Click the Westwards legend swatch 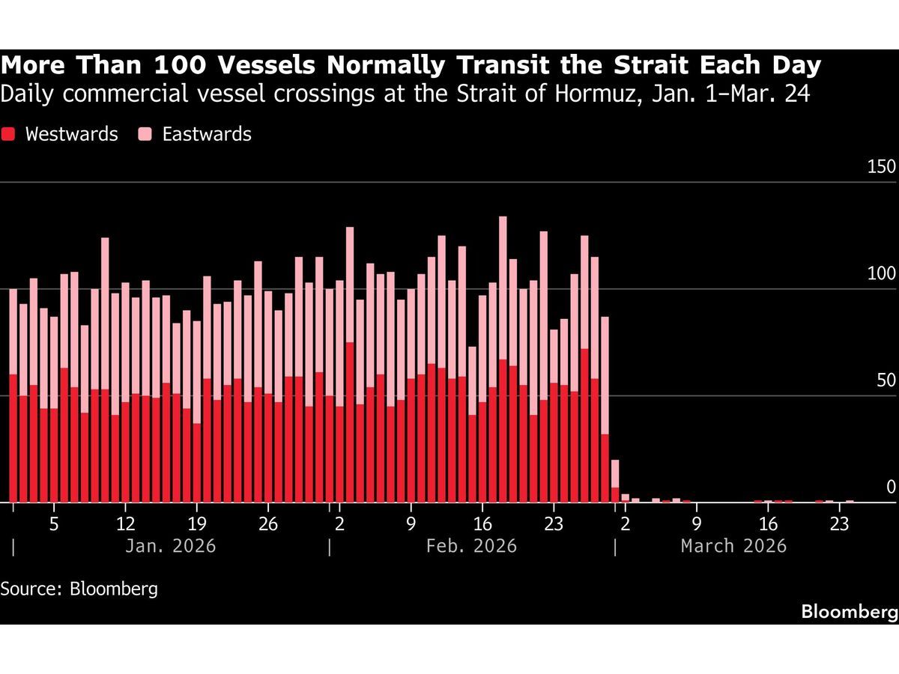(9, 135)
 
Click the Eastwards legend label (206, 135)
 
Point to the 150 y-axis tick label (881, 167)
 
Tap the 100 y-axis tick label (881, 274)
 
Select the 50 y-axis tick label (886, 381)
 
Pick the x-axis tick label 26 (268, 523)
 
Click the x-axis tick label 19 (196, 523)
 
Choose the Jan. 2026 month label (170, 546)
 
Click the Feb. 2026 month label (471, 546)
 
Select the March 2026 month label (733, 546)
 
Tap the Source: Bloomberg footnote (79, 589)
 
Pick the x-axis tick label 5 (54, 523)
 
